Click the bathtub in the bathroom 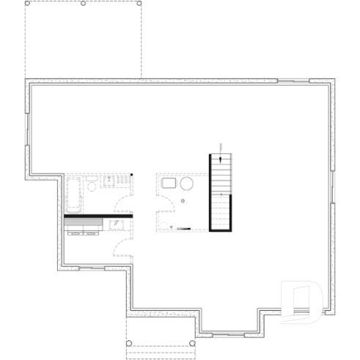click(x=73, y=194)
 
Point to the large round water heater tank click(x=187, y=184)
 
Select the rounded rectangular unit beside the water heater click(x=169, y=183)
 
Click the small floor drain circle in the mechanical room click(x=183, y=200)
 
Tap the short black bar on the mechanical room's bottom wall click(x=183, y=229)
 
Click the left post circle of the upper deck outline click(x=28, y=4)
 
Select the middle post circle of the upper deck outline click(x=84, y=4)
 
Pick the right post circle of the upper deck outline click(x=139, y=4)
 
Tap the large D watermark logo click(x=301, y=301)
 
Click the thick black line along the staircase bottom click(x=221, y=230)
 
